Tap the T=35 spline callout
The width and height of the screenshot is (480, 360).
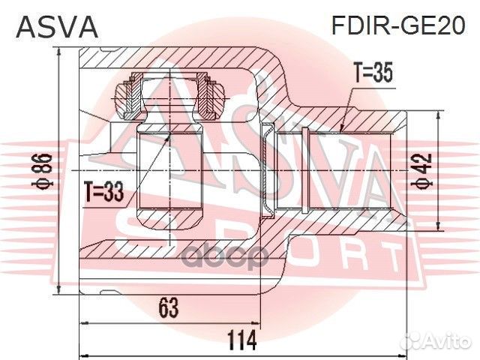(373, 73)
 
